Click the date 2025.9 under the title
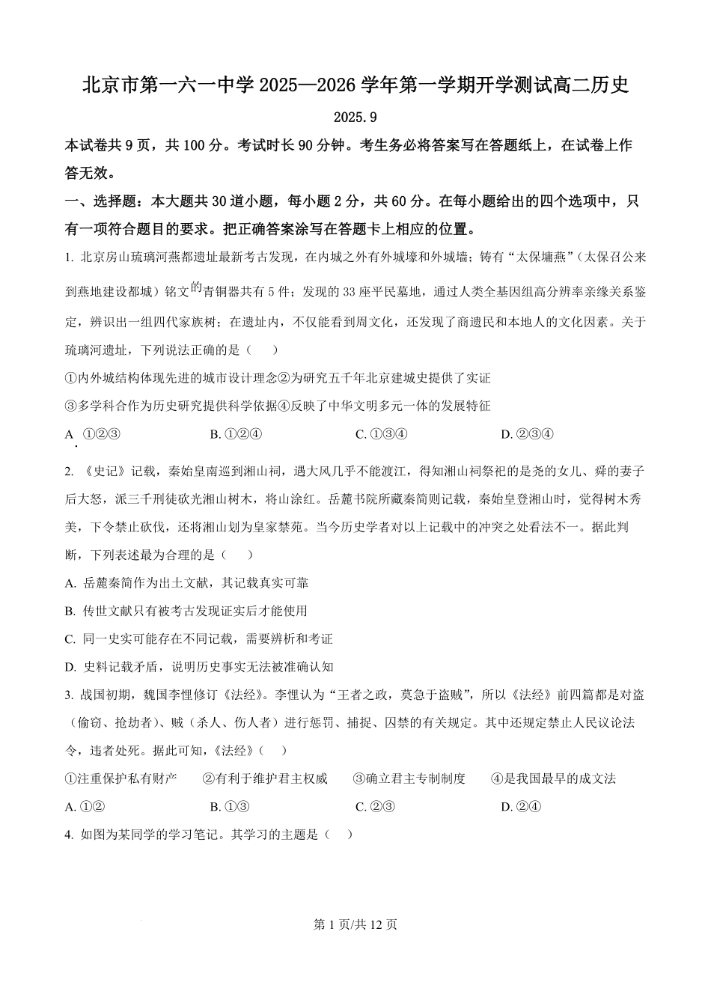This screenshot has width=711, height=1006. point(355,118)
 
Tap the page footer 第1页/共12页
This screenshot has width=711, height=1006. point(355,924)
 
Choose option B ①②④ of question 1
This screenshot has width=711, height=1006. point(236,434)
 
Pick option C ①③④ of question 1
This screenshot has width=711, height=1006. point(381,434)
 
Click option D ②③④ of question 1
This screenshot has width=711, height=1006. point(526,434)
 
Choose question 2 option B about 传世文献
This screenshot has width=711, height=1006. point(186,611)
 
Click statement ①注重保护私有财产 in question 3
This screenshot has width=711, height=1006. point(121,778)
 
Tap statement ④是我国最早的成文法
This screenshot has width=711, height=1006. point(553,778)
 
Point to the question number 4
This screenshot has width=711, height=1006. point(68,835)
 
